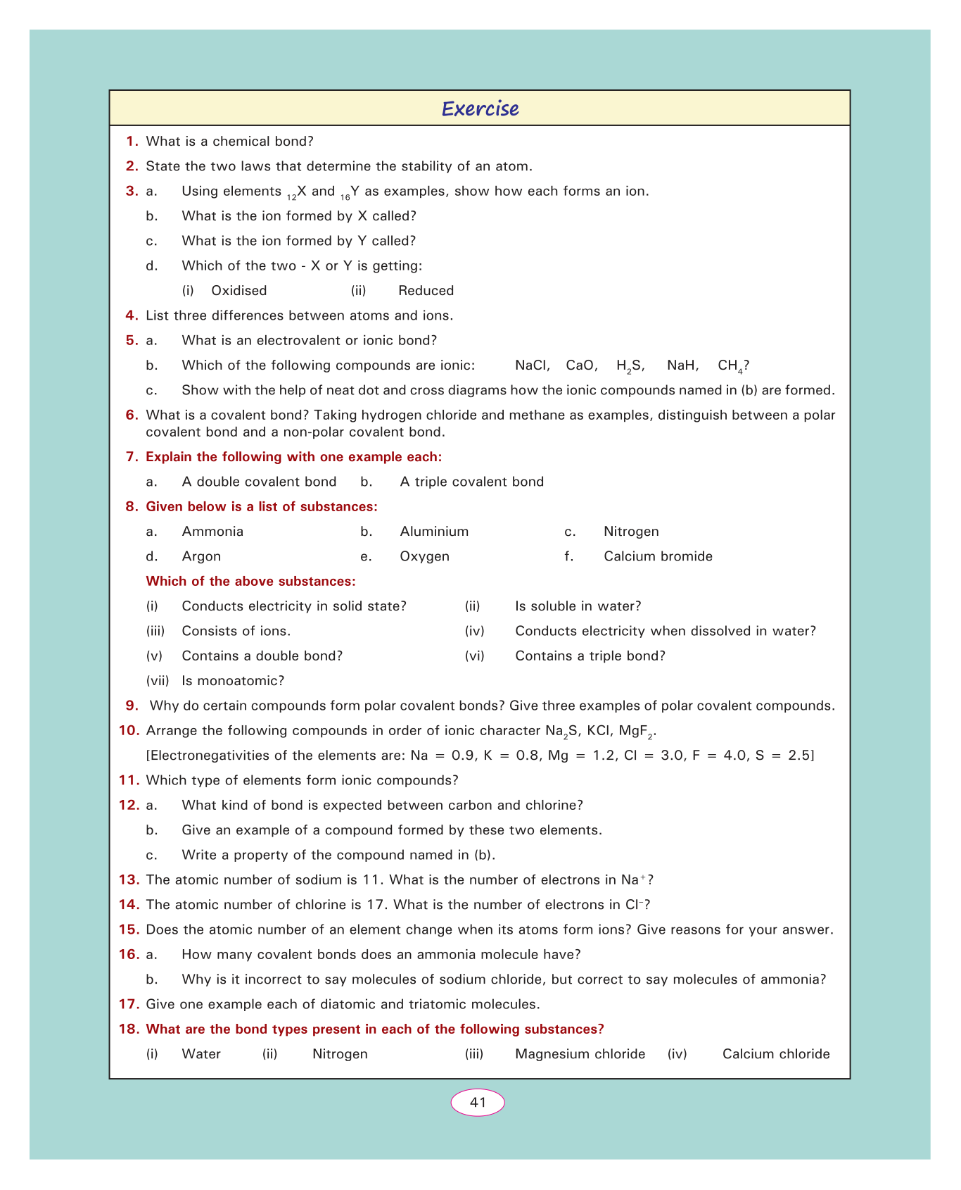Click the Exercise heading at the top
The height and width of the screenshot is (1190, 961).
tap(480, 108)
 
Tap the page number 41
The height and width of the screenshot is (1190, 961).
tap(478, 1102)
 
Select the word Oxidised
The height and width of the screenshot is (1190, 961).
tap(239, 291)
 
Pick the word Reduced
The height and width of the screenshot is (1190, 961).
tap(426, 291)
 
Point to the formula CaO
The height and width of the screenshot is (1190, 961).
tap(582, 365)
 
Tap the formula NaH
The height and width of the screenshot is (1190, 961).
tap(682, 365)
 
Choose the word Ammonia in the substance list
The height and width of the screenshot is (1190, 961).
tap(212, 532)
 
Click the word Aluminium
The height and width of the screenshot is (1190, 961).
tap(434, 532)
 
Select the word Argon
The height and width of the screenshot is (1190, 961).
tap(201, 556)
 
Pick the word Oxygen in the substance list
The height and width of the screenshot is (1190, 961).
tap(424, 556)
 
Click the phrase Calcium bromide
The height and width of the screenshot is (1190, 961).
tap(658, 556)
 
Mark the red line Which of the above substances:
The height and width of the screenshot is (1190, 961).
tap(250, 582)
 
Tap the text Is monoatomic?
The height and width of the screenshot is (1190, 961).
tap(233, 681)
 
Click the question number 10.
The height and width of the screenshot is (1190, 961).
tap(130, 730)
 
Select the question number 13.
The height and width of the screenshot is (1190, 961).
tap(130, 879)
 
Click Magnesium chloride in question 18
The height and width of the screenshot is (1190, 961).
tap(580, 1054)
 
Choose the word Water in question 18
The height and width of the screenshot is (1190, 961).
tap(201, 1054)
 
